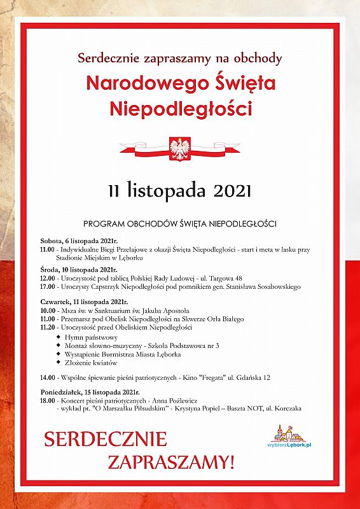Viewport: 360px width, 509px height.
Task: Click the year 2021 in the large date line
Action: [x=230, y=190]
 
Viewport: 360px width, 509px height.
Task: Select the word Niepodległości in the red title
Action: [x=180, y=108]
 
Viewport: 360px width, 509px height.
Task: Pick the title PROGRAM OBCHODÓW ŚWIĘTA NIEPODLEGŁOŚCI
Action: [x=180, y=224]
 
